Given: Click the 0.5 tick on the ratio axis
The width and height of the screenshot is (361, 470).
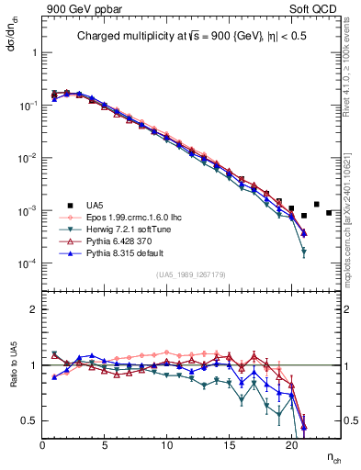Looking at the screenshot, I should (x=29, y=420).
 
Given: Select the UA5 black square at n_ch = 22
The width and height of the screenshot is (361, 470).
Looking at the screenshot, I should (x=316, y=204).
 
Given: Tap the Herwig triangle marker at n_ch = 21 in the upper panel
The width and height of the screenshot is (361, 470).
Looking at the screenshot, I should (x=303, y=252).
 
